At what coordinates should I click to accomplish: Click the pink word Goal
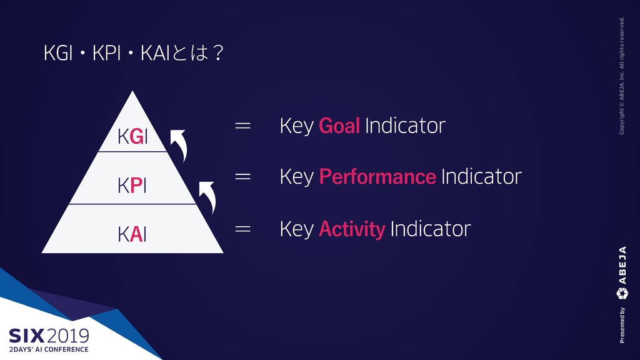coord(339,126)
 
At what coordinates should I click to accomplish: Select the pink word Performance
coord(377,177)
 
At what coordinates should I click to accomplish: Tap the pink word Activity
coord(352,229)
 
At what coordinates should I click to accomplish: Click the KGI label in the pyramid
coord(132,136)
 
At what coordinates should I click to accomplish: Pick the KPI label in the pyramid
coord(132,186)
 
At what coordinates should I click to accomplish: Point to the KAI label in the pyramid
coord(132,235)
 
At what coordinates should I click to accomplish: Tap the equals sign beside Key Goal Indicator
coord(243,125)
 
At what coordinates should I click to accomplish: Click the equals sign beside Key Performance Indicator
coord(243,177)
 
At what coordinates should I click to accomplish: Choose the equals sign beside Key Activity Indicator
coord(243,229)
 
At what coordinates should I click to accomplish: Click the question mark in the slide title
coord(218,53)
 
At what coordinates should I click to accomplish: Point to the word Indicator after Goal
coord(405,126)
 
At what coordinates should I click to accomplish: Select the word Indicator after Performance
coord(481,177)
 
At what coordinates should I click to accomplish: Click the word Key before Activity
coord(297,229)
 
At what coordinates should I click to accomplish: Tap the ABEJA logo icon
coord(622,294)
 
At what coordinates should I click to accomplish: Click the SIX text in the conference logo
coord(26,336)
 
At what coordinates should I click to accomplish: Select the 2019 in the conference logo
coord(67,336)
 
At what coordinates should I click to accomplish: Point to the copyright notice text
coord(622,76)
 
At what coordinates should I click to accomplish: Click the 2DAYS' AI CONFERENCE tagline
coord(49,349)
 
